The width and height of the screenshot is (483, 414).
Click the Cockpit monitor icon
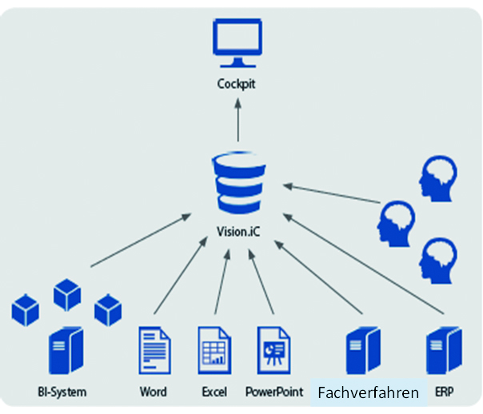pyautogui.click(x=236, y=44)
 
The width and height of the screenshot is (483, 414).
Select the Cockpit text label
pyautogui.click(x=236, y=84)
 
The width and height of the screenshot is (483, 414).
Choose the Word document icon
pyautogui.click(x=155, y=350)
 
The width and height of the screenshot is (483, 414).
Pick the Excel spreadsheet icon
pyautogui.click(x=214, y=350)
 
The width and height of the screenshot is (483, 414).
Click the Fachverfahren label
pyautogui.click(x=368, y=393)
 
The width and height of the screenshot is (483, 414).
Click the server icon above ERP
pyautogui.click(x=443, y=350)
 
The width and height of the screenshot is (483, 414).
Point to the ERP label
pyautogui.click(x=444, y=392)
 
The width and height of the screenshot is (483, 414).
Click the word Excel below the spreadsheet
pyautogui.click(x=214, y=392)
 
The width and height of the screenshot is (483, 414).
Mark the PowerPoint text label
pyautogui.click(x=274, y=392)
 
